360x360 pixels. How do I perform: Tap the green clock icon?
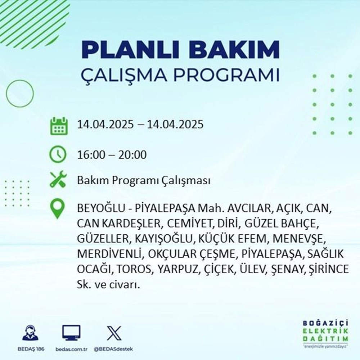[58, 155]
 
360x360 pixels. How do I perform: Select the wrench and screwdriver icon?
[58, 180]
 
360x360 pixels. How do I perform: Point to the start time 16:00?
[89, 155]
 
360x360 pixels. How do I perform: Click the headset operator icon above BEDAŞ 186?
[30, 333]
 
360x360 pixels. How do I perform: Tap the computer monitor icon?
[71, 333]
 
